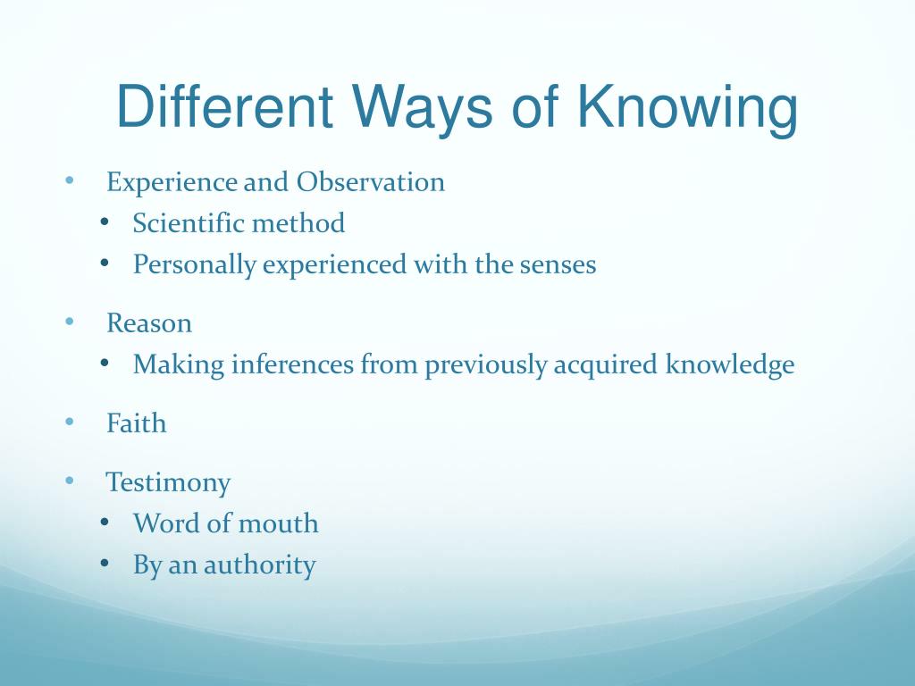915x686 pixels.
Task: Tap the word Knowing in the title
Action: [x=685, y=107]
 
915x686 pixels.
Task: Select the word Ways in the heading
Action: [x=424, y=107]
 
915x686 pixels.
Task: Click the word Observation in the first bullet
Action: [x=371, y=182]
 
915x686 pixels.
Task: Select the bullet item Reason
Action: [x=149, y=323]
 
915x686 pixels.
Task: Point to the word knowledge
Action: [x=729, y=364]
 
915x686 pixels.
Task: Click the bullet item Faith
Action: [x=136, y=423]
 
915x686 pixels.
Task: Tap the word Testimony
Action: [x=168, y=483]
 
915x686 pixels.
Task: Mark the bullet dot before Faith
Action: [x=70, y=422]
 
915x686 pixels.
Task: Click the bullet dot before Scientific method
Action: [x=105, y=222]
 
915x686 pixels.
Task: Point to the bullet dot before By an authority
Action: [x=105, y=564]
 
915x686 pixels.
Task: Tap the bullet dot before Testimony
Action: [x=70, y=481]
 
